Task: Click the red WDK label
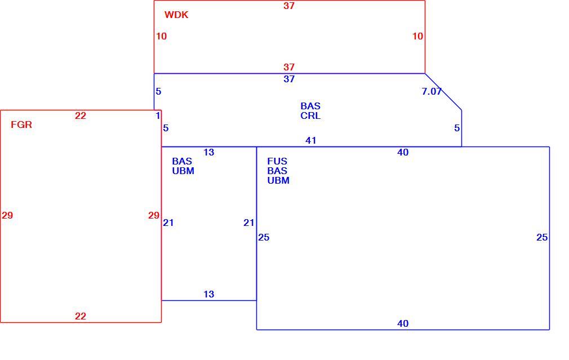[x=176, y=15]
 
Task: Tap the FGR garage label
[x=21, y=125]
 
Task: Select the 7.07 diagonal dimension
[x=432, y=91]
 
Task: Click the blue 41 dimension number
[x=311, y=140]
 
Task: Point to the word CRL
[x=310, y=115]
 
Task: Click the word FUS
[x=277, y=162]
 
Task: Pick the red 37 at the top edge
[x=289, y=6]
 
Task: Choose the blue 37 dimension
[x=289, y=79]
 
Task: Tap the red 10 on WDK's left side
[x=162, y=36]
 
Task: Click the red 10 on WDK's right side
[x=417, y=36]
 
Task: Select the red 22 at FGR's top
[x=81, y=115]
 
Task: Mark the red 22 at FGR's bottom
[x=81, y=317]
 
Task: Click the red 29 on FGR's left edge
[x=7, y=216]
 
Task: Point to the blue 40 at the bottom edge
[x=403, y=324]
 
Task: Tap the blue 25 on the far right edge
[x=542, y=237]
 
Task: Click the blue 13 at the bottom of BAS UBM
[x=208, y=294]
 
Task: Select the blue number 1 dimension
[x=158, y=115]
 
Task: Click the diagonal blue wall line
[x=443, y=92]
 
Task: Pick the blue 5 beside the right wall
[x=457, y=128]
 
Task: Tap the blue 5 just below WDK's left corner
[x=158, y=91]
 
